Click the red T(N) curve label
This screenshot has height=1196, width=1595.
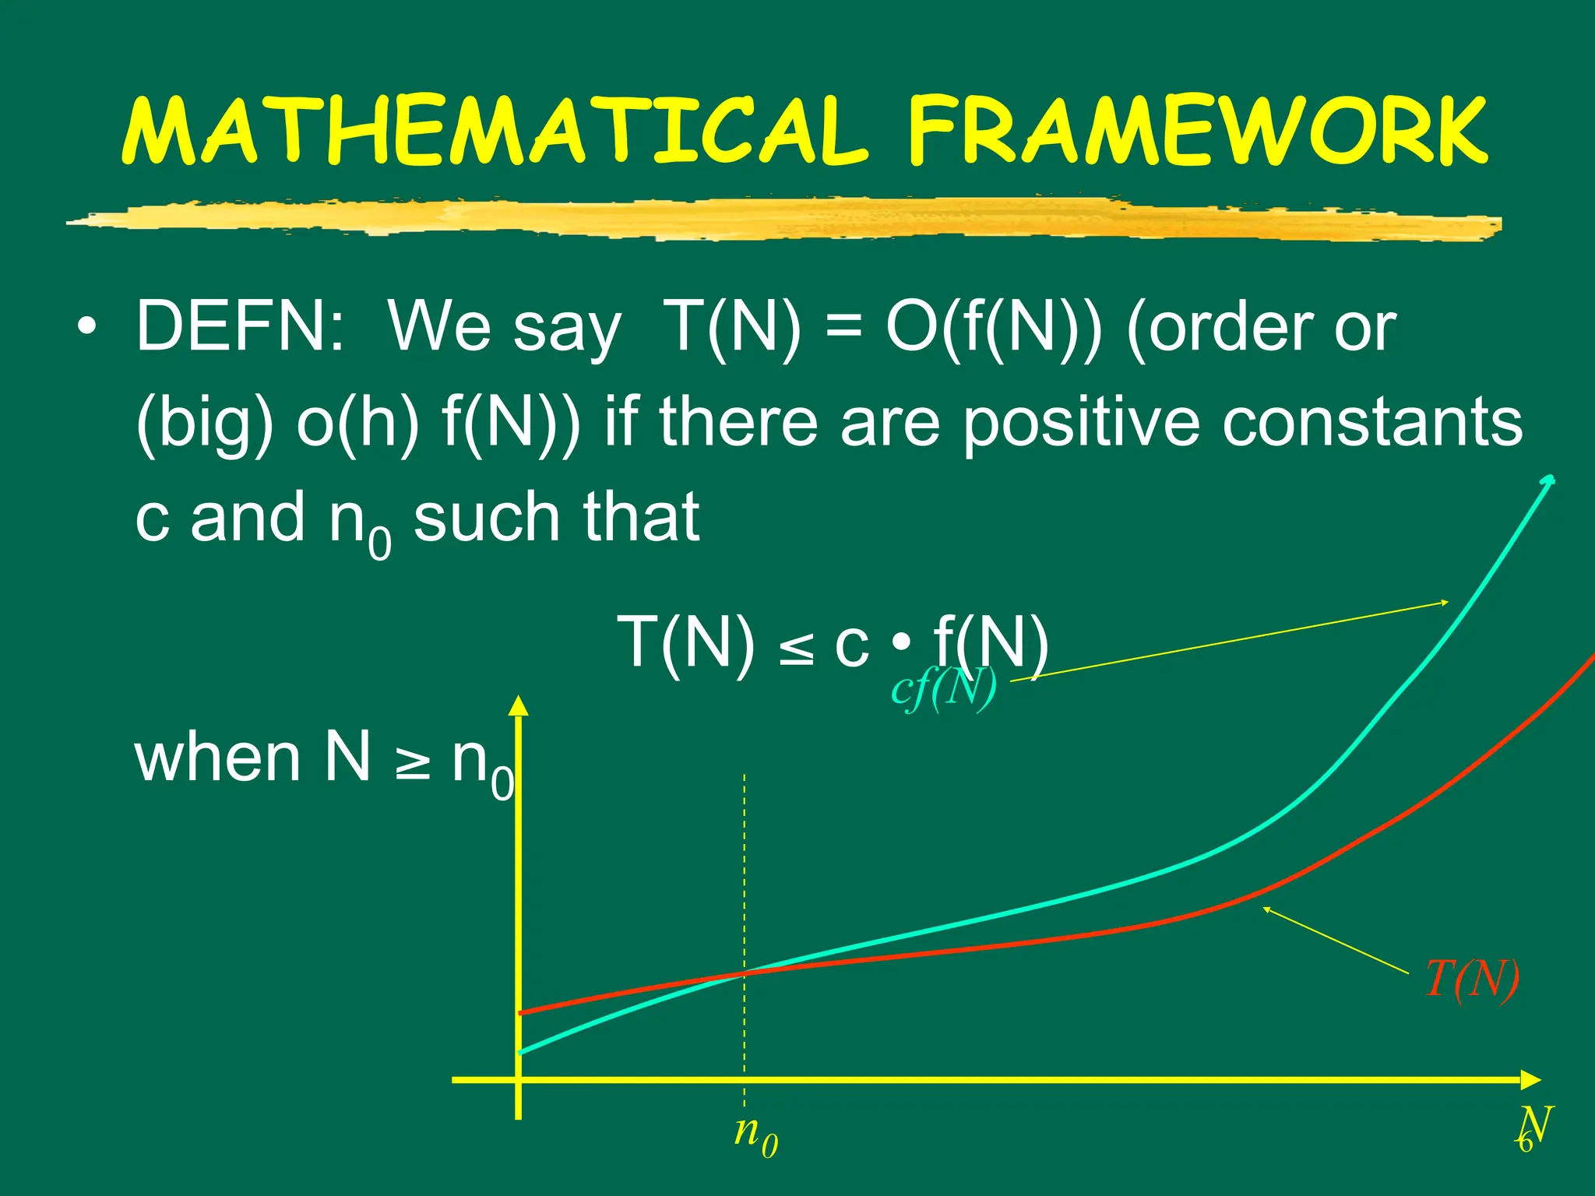[x=1471, y=980]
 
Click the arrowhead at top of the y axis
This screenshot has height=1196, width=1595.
[x=518, y=704]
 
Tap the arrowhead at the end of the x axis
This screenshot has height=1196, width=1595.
[x=1531, y=1080]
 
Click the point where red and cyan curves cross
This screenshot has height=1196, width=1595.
[x=745, y=973]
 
